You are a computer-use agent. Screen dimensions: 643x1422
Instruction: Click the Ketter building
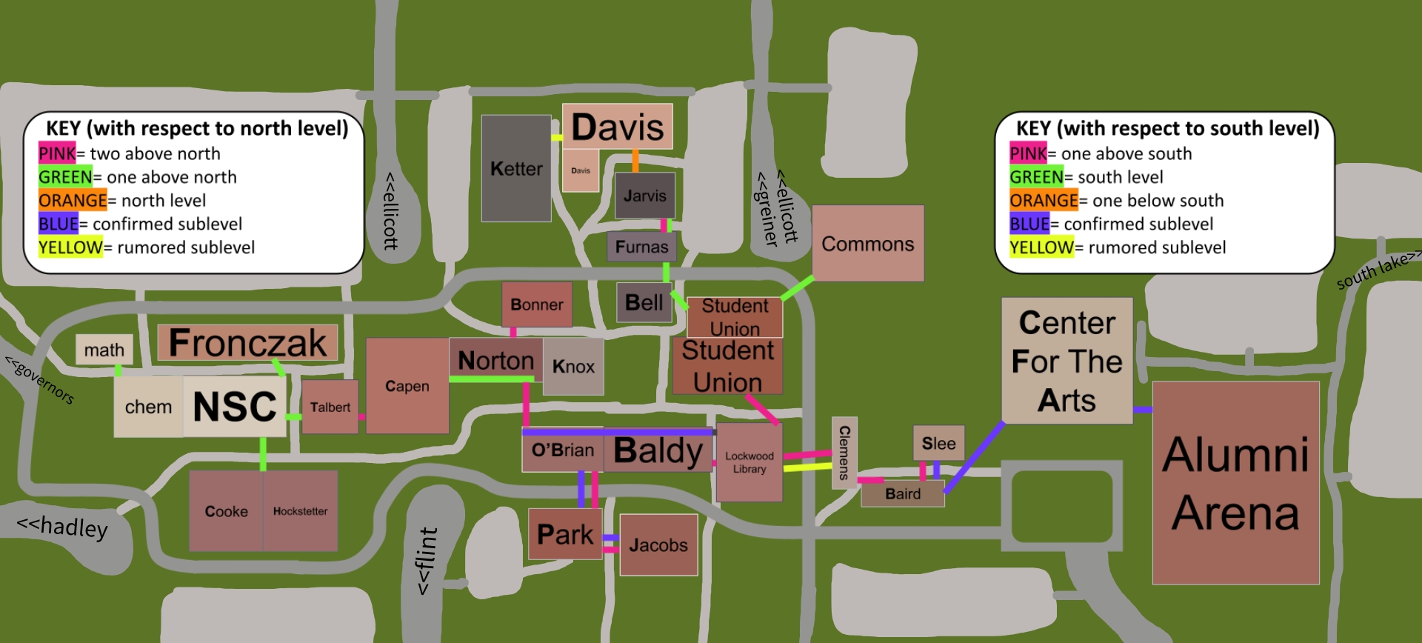click(516, 169)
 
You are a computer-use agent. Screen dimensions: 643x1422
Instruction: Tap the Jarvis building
click(644, 196)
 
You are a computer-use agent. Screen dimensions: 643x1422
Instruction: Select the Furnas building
click(641, 247)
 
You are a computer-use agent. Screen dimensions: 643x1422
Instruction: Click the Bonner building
click(537, 304)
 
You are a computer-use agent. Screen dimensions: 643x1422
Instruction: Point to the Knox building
click(573, 367)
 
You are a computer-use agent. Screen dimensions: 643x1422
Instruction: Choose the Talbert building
click(330, 407)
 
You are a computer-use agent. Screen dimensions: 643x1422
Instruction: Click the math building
click(104, 350)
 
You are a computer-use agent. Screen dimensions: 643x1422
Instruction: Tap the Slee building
click(938, 443)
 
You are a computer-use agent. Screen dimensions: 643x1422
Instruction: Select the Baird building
click(902, 494)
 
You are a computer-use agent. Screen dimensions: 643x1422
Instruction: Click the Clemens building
click(844, 452)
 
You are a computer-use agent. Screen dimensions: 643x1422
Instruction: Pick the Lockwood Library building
click(750, 462)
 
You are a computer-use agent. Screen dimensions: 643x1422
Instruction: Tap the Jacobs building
click(658, 545)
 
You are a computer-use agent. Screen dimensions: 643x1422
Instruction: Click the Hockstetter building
click(300, 511)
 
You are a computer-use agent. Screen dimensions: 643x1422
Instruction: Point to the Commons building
click(868, 244)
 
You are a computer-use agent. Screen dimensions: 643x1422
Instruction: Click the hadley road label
click(63, 526)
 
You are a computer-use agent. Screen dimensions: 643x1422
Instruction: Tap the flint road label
click(426, 561)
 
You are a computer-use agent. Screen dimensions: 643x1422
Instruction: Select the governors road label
click(40, 379)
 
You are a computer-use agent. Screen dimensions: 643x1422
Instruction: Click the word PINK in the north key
click(57, 153)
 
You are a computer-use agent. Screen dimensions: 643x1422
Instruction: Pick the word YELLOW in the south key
click(1041, 247)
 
